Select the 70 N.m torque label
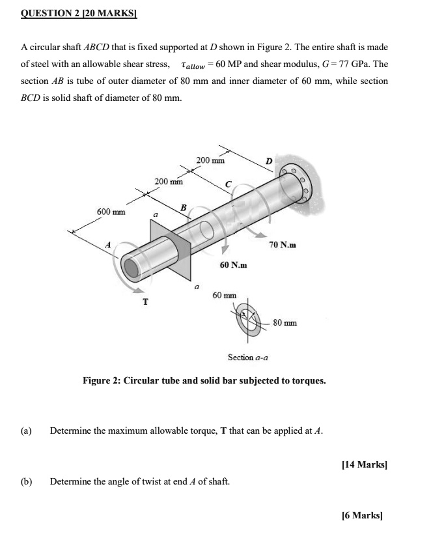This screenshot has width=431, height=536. pyautogui.click(x=282, y=245)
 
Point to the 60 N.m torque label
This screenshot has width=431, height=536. pyautogui.click(x=233, y=265)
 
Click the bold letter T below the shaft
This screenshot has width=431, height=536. pyautogui.click(x=145, y=302)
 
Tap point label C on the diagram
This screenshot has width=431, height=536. pyautogui.click(x=228, y=186)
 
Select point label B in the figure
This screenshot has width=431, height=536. pyautogui.click(x=183, y=208)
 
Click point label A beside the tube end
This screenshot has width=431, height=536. pyautogui.click(x=109, y=244)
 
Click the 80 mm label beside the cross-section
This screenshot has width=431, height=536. pyautogui.click(x=285, y=322)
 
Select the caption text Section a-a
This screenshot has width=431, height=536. pyautogui.click(x=248, y=358)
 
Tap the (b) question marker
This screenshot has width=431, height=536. pyautogui.click(x=27, y=481)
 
